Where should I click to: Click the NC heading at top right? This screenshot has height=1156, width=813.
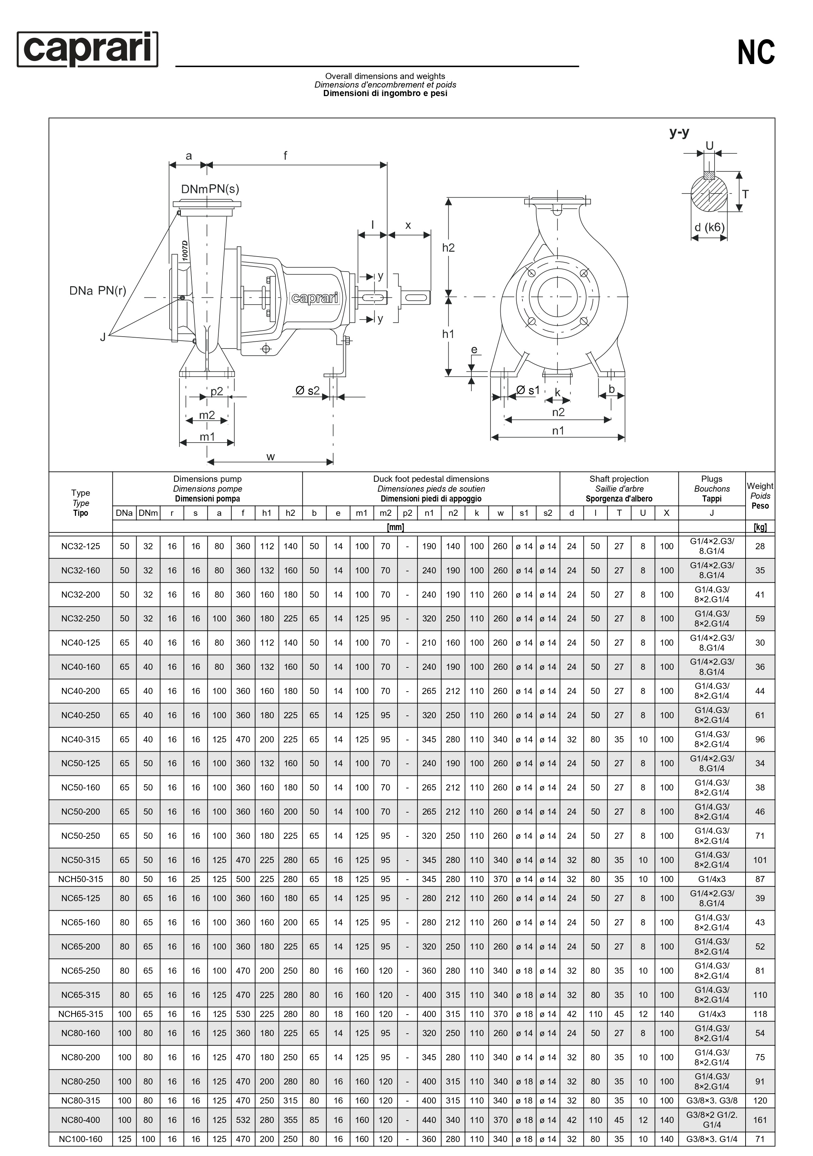pyautogui.click(x=756, y=52)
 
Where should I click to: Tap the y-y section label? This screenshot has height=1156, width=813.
pyautogui.click(x=679, y=133)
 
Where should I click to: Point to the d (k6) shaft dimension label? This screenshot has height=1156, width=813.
pyautogui.click(x=709, y=227)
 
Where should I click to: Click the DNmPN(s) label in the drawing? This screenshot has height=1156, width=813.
pyautogui.click(x=210, y=189)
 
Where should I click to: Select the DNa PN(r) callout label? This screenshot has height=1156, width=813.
pyautogui.click(x=98, y=291)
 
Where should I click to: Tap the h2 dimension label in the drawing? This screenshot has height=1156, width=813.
pyautogui.click(x=448, y=248)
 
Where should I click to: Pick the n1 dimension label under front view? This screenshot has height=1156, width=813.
pyautogui.click(x=558, y=431)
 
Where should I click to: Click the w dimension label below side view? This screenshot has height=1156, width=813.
pyautogui.click(x=270, y=457)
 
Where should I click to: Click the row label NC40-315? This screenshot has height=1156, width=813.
pyautogui.click(x=80, y=739)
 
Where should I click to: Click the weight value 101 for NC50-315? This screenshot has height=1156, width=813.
pyautogui.click(x=760, y=860)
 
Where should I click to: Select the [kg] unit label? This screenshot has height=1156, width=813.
pyautogui.click(x=760, y=527)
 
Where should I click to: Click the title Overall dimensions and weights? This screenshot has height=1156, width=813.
pyautogui.click(x=385, y=76)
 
